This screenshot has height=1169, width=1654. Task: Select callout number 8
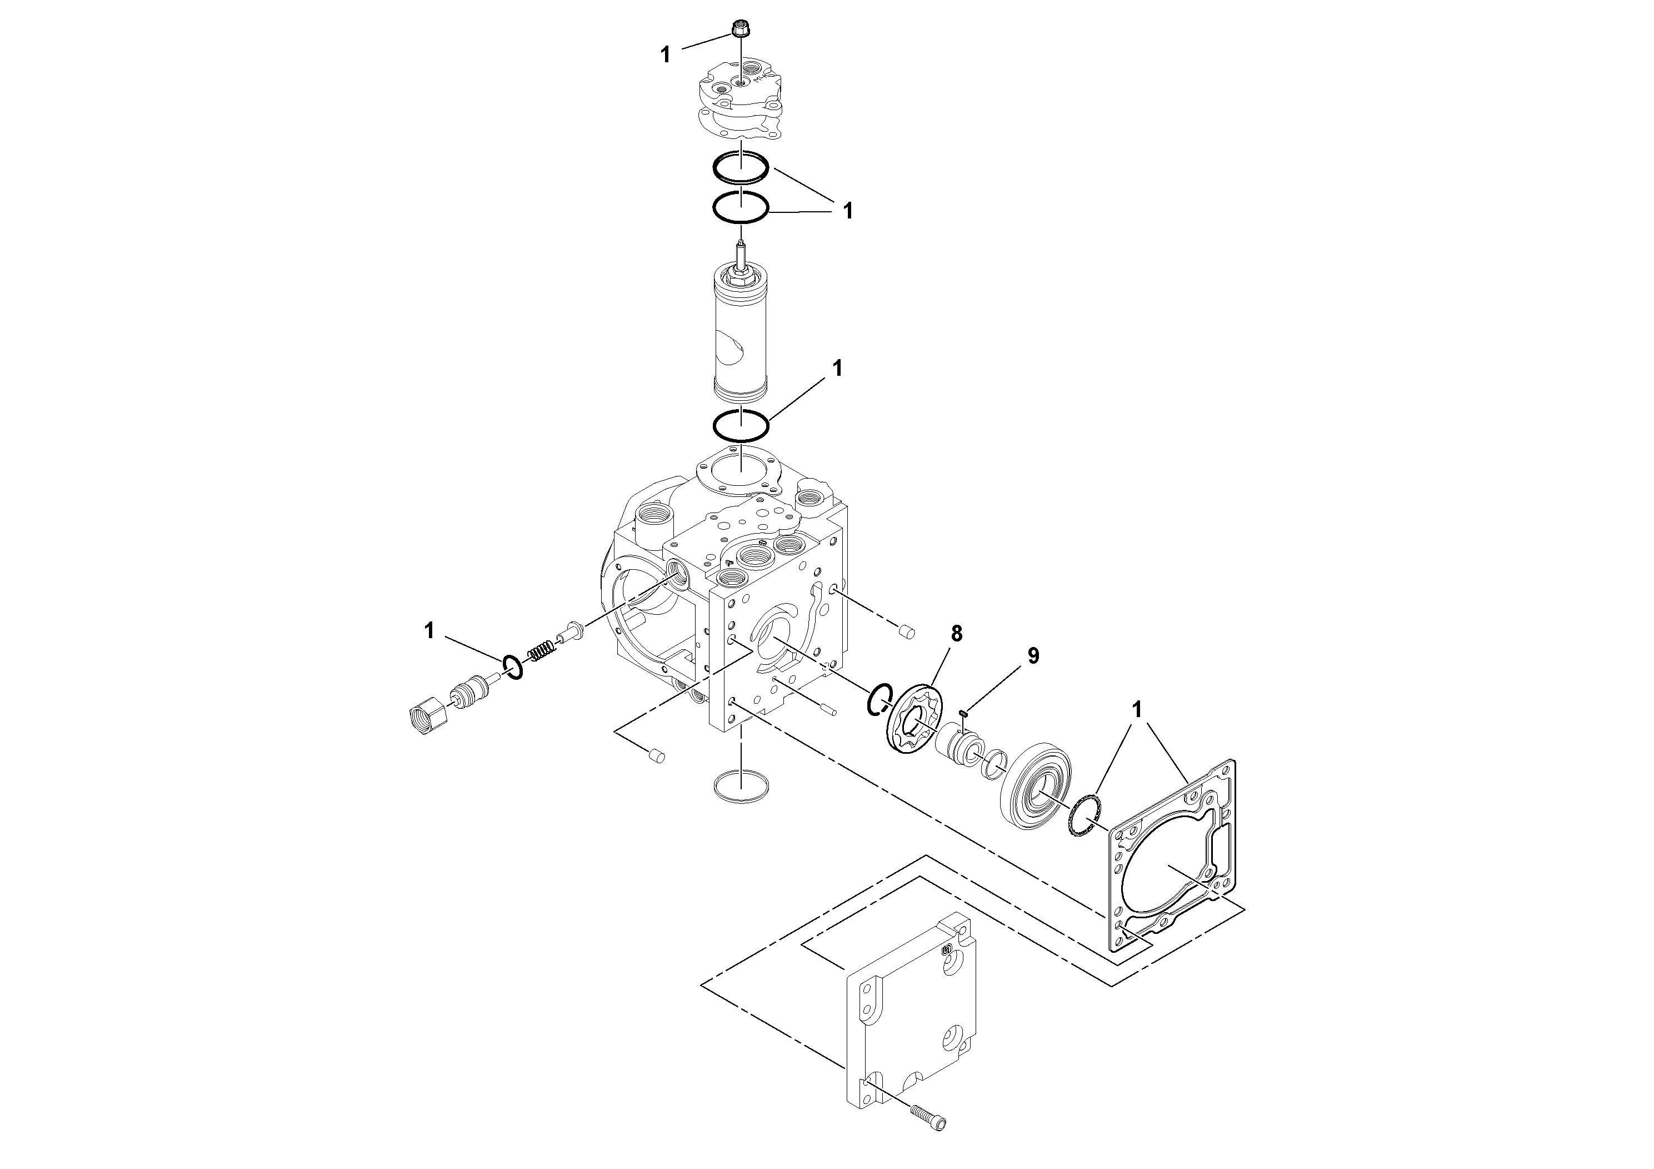click(956, 634)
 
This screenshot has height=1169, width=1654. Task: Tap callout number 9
click(1033, 656)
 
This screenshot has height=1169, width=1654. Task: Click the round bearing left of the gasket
click(1038, 780)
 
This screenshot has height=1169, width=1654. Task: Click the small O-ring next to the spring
click(513, 668)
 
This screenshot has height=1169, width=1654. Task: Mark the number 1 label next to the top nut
click(666, 55)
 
